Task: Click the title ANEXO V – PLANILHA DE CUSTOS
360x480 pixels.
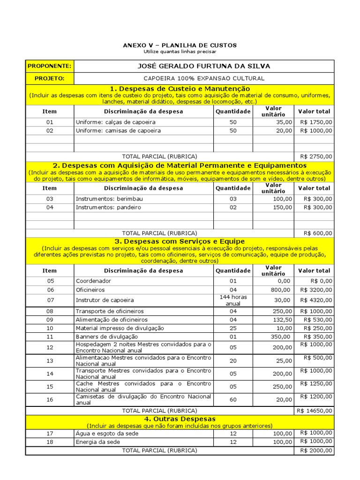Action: click(180, 45)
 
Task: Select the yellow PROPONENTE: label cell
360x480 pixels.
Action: click(50, 66)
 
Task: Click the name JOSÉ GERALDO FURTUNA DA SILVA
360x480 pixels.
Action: click(203, 66)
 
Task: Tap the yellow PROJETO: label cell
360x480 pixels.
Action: click(50, 78)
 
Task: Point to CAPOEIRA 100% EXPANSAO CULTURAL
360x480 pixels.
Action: click(203, 78)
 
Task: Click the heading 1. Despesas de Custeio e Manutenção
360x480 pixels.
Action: click(180, 89)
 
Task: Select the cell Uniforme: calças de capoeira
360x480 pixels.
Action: click(116, 122)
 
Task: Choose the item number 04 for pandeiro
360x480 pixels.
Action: click(50, 207)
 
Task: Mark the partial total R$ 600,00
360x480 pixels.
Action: click(318, 233)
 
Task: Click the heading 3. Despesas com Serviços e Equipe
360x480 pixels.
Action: click(180, 241)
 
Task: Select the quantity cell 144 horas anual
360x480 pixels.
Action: click(233, 300)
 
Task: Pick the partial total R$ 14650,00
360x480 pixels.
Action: click(315, 410)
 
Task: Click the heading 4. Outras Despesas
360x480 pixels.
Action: click(180, 419)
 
